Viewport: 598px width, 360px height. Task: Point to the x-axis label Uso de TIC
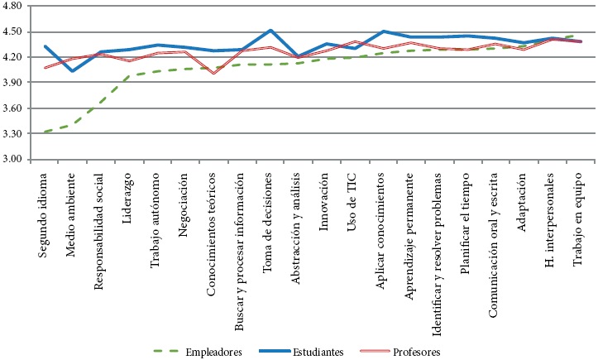354,191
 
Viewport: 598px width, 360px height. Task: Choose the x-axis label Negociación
184,194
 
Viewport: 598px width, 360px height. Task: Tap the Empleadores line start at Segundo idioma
45,132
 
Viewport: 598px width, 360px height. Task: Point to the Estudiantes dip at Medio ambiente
73,71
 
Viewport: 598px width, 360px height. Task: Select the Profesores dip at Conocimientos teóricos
213,73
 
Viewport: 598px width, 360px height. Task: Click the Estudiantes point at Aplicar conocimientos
383,31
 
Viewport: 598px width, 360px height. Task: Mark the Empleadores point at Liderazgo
129,76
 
